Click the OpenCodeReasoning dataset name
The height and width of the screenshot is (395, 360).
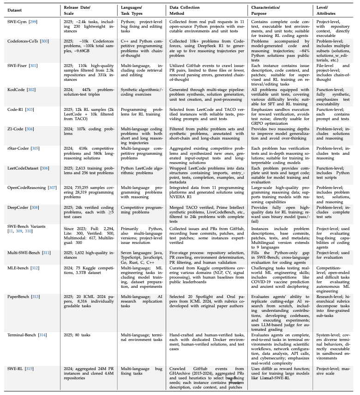[27, 188]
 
